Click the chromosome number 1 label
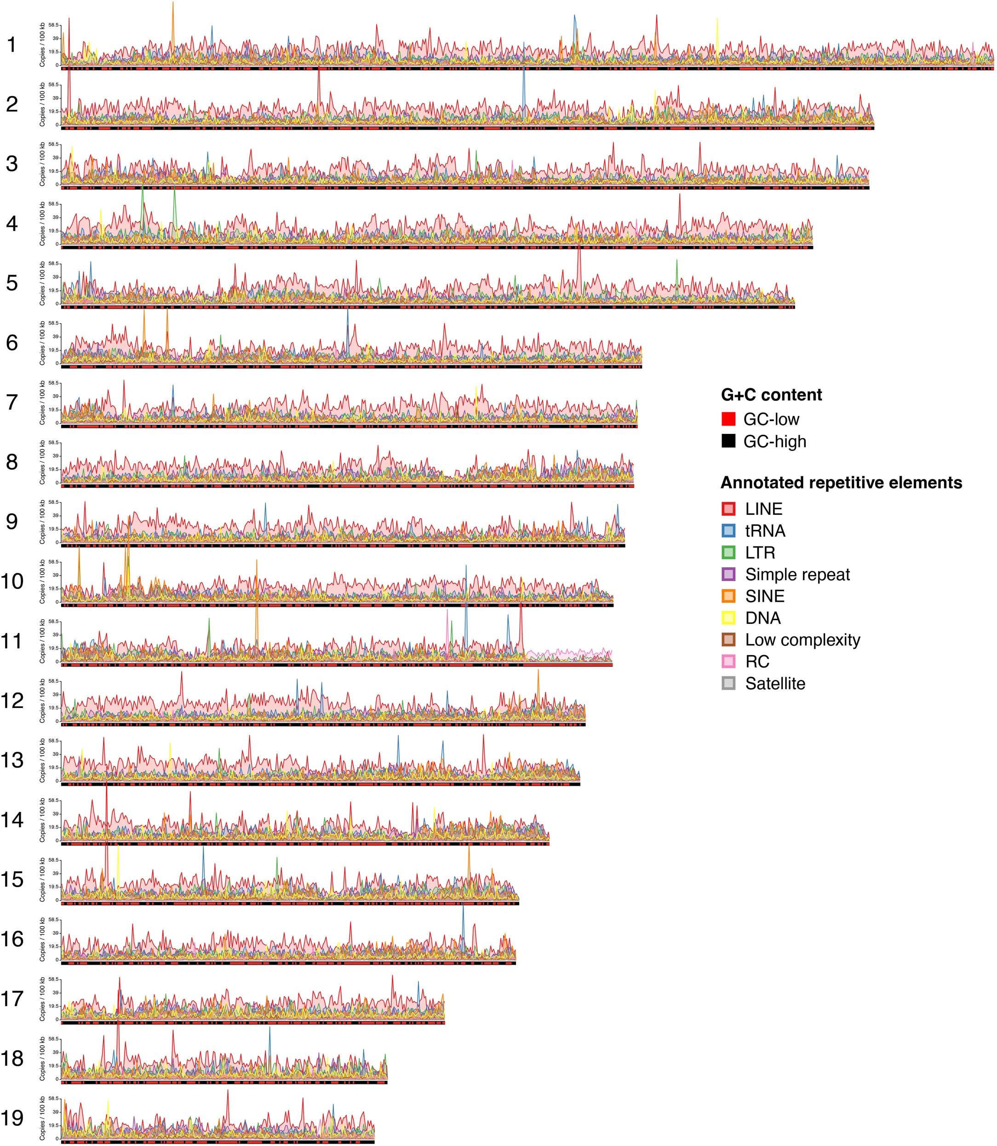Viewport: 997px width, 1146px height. click(x=11, y=45)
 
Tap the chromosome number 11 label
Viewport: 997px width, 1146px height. click(x=11, y=641)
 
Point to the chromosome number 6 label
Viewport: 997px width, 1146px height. click(x=11, y=343)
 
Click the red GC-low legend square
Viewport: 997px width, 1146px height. click(x=728, y=419)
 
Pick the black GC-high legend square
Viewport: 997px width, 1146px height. click(x=728, y=441)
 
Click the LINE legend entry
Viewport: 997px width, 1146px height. click(x=763, y=509)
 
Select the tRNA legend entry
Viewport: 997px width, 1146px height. click(x=765, y=530)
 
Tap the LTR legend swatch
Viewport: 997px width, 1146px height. click(x=729, y=552)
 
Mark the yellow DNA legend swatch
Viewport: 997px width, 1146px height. click(x=729, y=618)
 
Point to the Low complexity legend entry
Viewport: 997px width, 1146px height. click(x=802, y=639)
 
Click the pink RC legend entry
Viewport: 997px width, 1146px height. click(x=756, y=661)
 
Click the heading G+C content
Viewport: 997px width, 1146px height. click(x=771, y=395)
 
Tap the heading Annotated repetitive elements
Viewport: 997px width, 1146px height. click(x=841, y=483)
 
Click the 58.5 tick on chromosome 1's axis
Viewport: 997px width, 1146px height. click(x=54, y=25)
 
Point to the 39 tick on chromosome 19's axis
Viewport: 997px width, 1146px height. click(x=56, y=1112)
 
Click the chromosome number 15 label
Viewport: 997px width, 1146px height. click(x=11, y=880)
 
